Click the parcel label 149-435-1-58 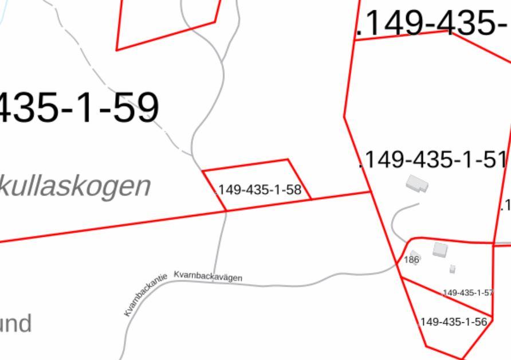(260, 190)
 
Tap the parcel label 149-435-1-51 (434, 160)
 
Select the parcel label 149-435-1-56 (453, 322)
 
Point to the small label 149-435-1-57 (467, 293)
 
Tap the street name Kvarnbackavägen (208, 276)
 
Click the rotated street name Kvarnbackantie (146, 295)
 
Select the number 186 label (411, 260)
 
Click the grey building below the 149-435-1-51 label (417, 184)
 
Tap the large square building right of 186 (440, 249)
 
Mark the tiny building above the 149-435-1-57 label (453, 269)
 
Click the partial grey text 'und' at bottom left (15, 324)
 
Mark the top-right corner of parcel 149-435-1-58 (288, 160)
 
